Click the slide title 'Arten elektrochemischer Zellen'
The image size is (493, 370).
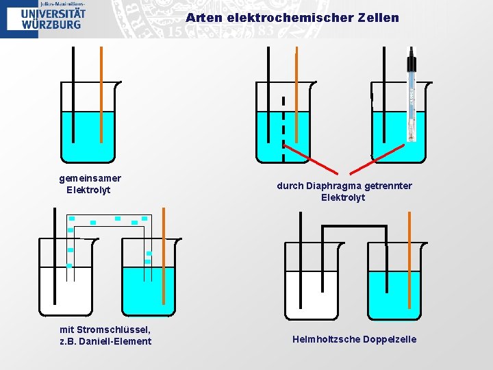click(292, 18)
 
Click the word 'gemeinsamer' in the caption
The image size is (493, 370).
click(90, 178)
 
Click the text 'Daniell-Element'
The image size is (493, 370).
click(115, 341)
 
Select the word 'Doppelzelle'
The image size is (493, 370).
click(390, 339)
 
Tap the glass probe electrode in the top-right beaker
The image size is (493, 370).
click(411, 96)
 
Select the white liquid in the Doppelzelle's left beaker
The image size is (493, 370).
click(312, 295)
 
